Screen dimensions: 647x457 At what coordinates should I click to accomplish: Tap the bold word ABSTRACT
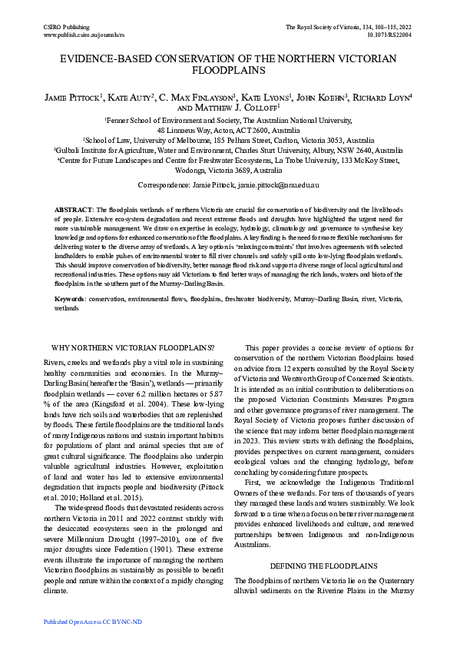72,210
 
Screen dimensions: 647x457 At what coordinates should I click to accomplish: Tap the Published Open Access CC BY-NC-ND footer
94,620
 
